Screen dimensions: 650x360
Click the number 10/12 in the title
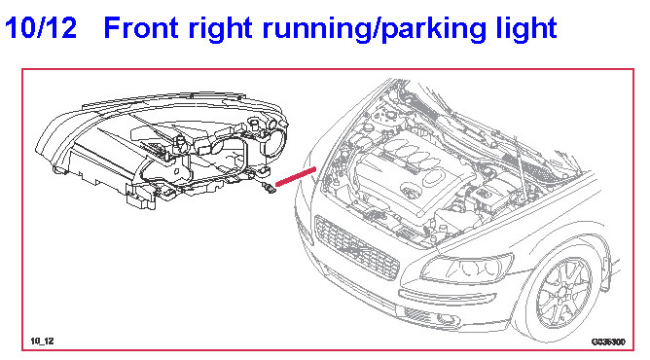(41, 27)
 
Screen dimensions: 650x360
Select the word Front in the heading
(141, 27)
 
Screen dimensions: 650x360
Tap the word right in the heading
(221, 29)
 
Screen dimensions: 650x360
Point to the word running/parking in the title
(374, 30)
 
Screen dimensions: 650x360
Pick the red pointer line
(296, 176)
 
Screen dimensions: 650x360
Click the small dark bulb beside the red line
(269, 188)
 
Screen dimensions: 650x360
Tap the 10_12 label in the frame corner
(42, 341)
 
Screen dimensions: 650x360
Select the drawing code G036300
(608, 342)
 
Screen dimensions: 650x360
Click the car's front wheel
(563, 293)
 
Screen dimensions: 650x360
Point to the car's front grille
(356, 247)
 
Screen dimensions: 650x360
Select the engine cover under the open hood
(415, 174)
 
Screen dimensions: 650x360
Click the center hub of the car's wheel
(563, 293)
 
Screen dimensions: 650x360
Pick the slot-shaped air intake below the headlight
(448, 297)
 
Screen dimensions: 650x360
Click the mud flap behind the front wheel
(606, 272)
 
